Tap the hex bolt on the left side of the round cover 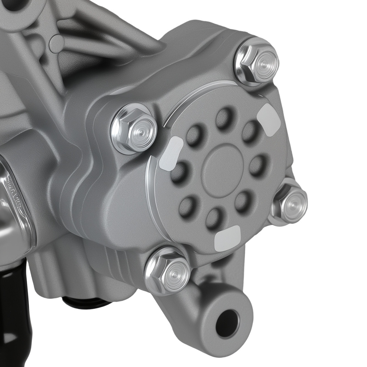pyautogui.click(x=134, y=128)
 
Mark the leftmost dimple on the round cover pyautogui.click(x=179, y=172)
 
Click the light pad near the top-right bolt pyautogui.click(x=269, y=119)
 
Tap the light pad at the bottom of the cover pyautogui.click(x=228, y=238)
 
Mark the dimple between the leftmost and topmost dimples pyautogui.click(x=195, y=135)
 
